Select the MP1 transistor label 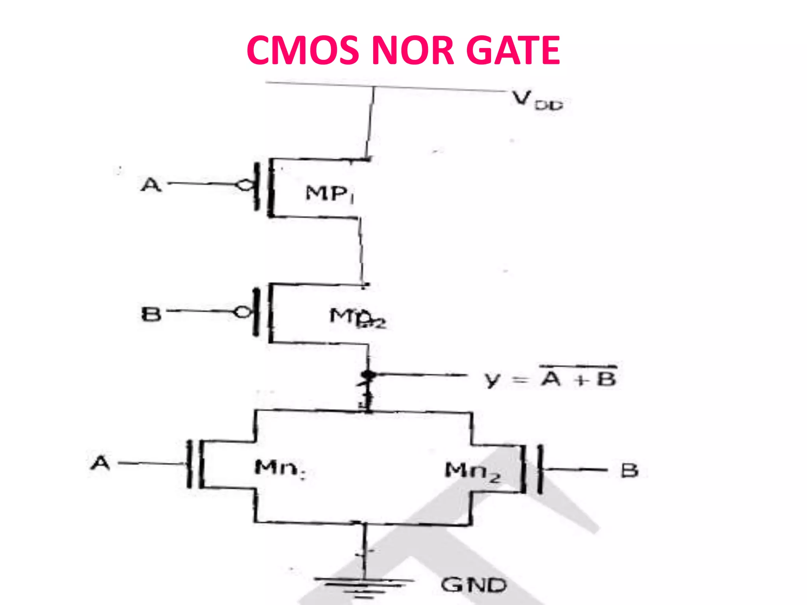tap(329, 194)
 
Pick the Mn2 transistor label tap(472, 471)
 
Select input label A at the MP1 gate tap(151, 184)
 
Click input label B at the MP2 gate tap(151, 314)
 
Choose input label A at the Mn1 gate tap(100, 463)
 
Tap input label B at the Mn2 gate tap(629, 470)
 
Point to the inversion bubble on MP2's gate tap(242, 312)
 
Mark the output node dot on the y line tap(368, 374)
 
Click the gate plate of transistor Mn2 tap(540, 469)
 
